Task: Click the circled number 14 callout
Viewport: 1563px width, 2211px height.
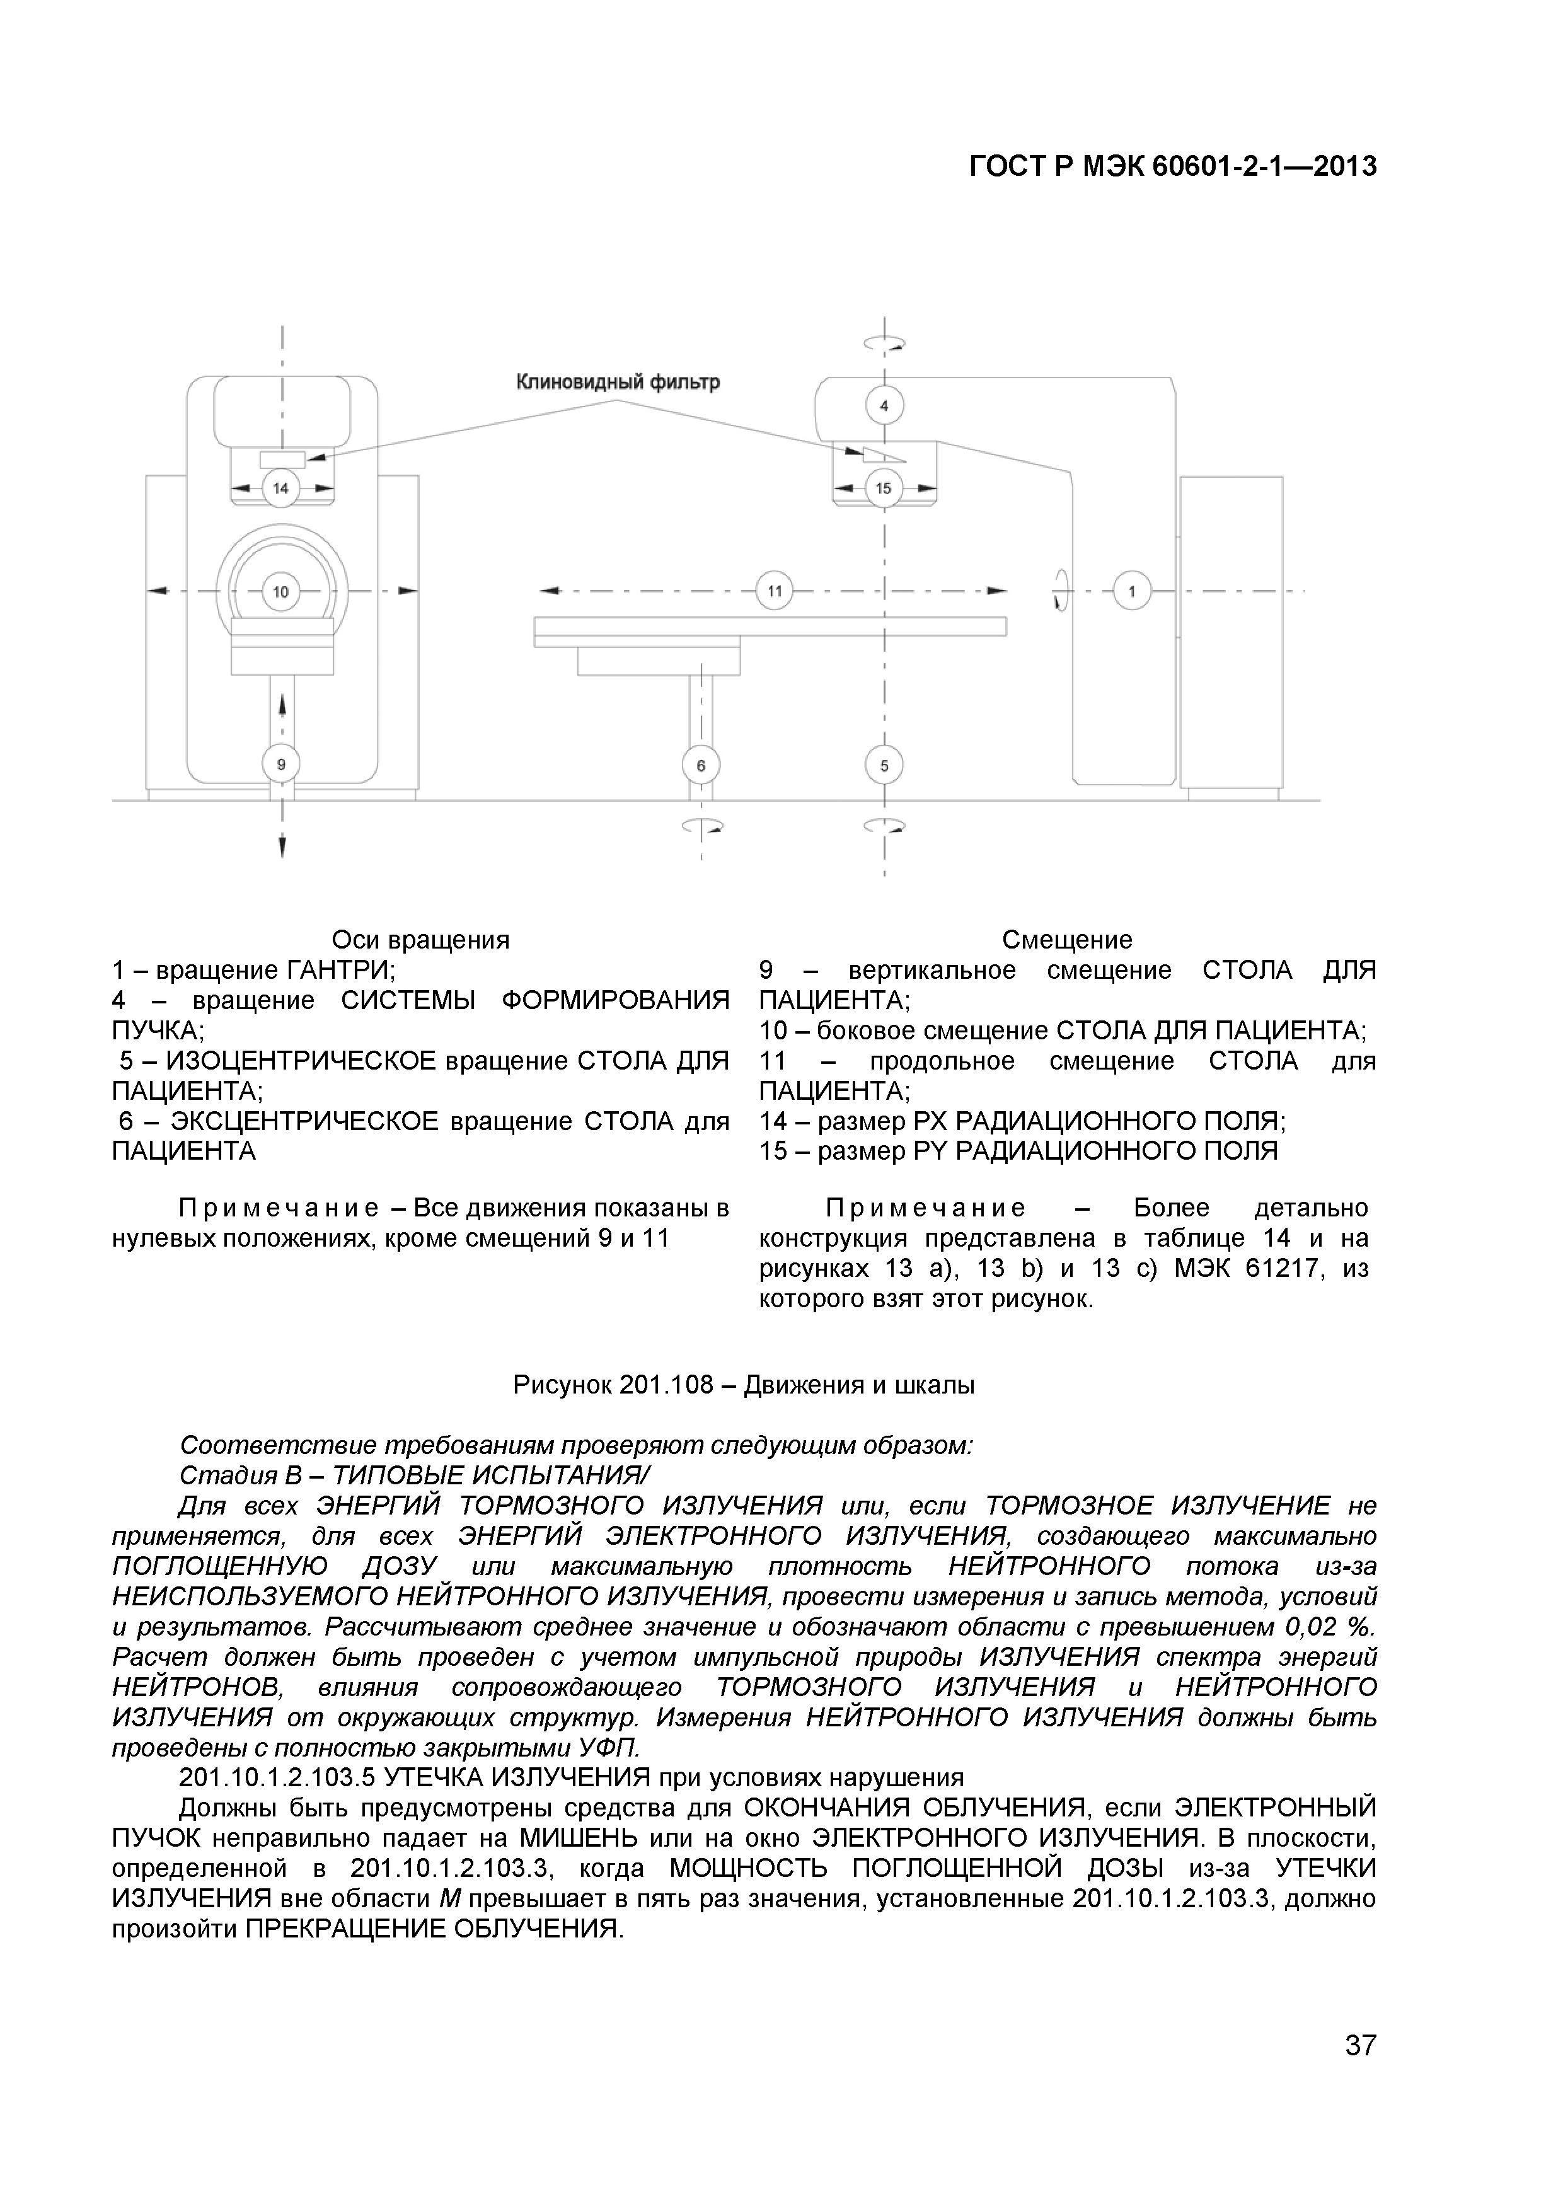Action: (280, 488)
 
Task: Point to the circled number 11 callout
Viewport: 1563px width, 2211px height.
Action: (775, 591)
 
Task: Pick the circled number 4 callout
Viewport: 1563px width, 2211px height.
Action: (884, 405)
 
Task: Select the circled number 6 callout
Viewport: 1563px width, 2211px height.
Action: (701, 766)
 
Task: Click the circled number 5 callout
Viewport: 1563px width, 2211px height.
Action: (884, 766)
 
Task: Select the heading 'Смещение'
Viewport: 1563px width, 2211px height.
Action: (1067, 939)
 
